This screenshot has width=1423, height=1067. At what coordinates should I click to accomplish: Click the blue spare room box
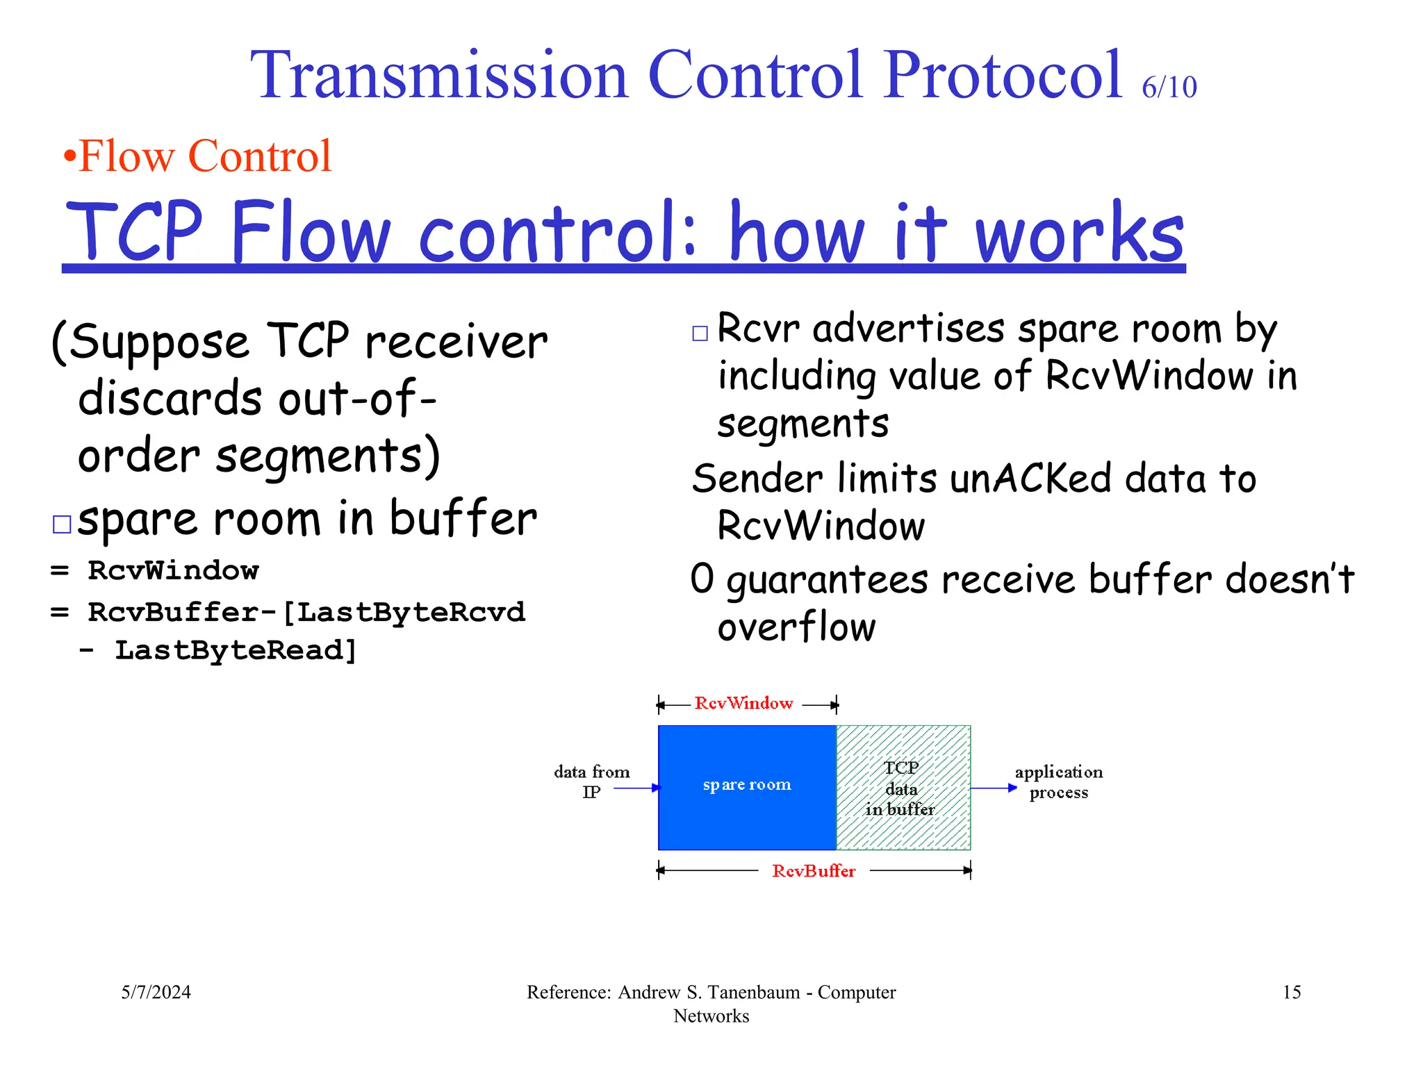[x=746, y=787]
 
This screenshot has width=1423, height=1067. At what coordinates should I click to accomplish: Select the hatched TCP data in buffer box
[x=903, y=788]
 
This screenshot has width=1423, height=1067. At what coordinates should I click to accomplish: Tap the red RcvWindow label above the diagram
[x=743, y=703]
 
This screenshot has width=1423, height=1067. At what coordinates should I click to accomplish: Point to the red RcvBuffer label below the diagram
[x=813, y=871]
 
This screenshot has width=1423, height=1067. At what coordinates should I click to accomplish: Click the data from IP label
[x=591, y=781]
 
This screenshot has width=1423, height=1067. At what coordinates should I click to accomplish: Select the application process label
[x=1058, y=782]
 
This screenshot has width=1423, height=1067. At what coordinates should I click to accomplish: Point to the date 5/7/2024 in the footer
[x=156, y=992]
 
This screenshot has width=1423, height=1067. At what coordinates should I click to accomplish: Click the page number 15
[x=1291, y=992]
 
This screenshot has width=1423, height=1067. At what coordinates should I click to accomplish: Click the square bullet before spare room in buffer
[x=62, y=524]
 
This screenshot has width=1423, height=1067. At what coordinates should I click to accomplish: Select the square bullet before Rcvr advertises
[x=700, y=333]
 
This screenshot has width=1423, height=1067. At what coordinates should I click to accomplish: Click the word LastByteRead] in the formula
[x=236, y=650]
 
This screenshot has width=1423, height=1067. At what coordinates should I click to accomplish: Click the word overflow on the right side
[x=796, y=627]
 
